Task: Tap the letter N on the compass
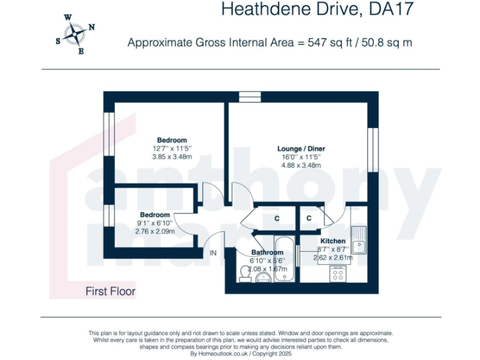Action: pos(91,27)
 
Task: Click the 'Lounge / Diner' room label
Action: pos(301,149)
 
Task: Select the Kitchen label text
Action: pos(332,241)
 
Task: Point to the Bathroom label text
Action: pos(267,252)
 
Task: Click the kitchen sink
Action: pos(359,239)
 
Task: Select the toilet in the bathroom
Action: pos(246,272)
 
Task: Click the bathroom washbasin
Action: pos(263,278)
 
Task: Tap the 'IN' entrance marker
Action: pos(212,253)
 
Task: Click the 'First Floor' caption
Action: pos(111,291)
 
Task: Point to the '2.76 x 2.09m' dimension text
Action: pos(154,231)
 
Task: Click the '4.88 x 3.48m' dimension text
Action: pos(301,165)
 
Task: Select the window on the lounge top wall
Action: pos(249,96)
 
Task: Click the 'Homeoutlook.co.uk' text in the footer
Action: pos(224,354)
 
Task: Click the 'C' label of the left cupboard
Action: pos(276,218)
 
